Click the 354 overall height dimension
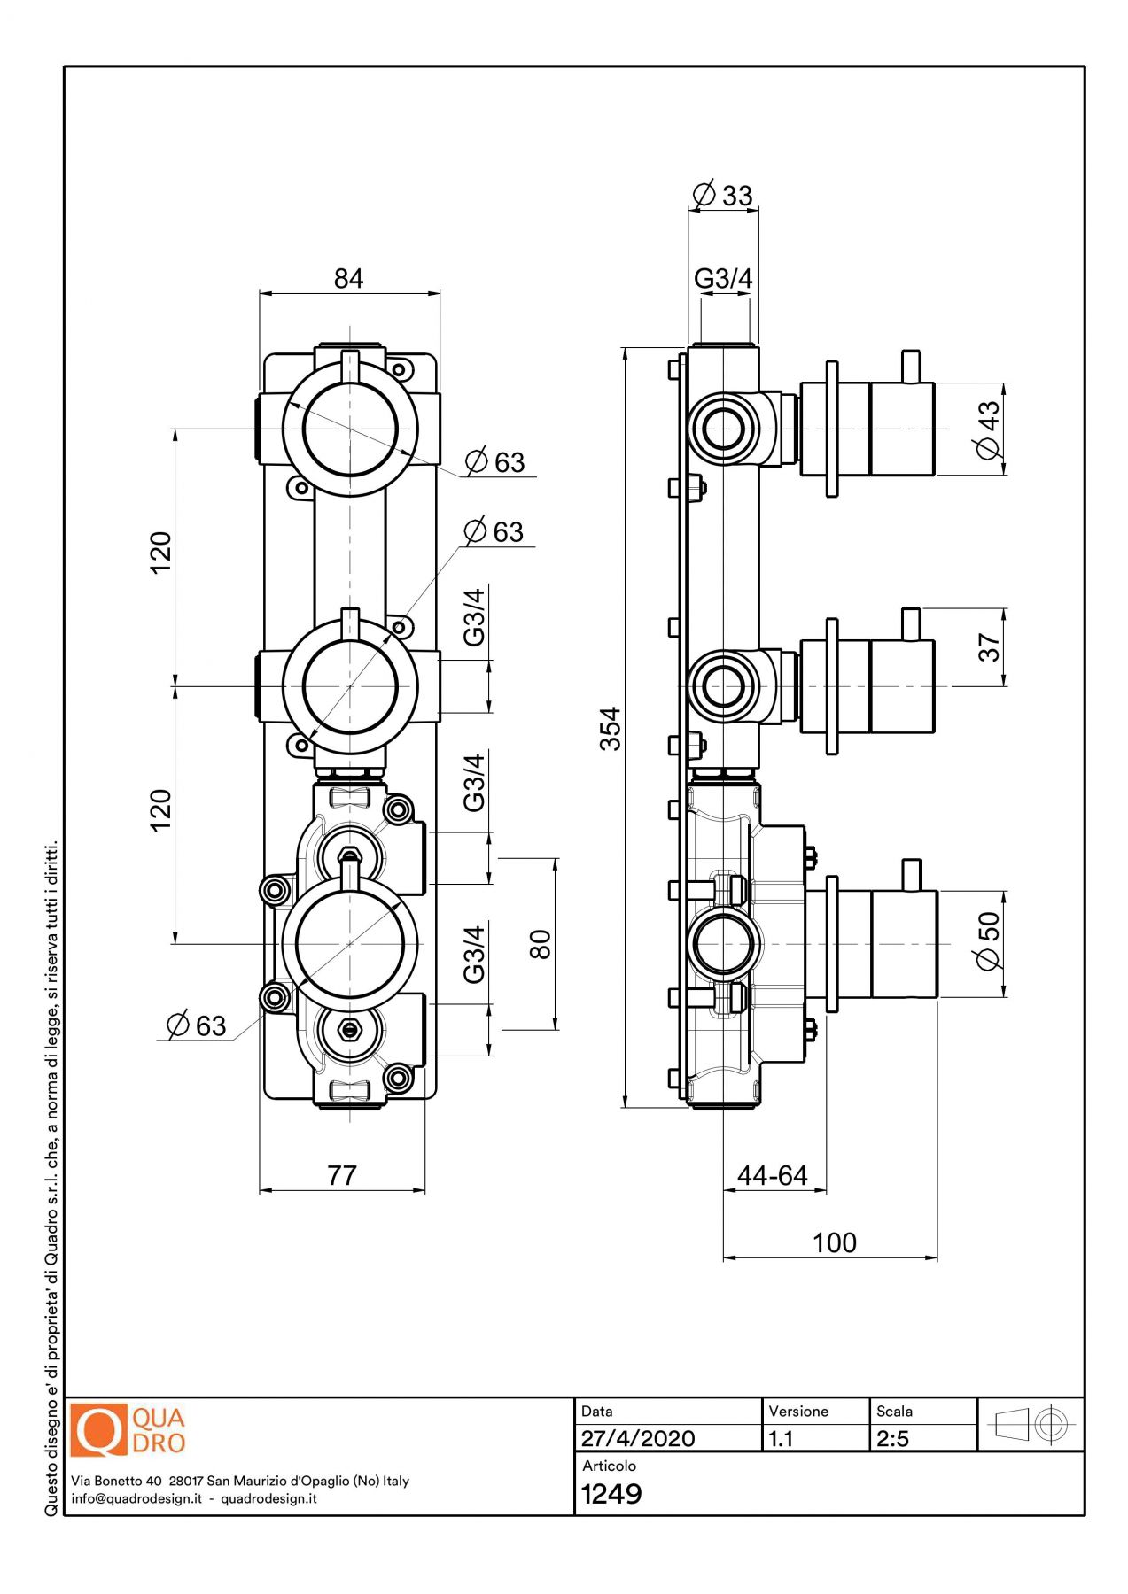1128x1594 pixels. point(611,728)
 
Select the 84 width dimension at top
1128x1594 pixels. point(348,279)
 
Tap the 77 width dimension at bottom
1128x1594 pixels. point(342,1175)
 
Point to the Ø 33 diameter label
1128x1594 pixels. point(722,195)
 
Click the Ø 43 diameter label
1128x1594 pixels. point(988,429)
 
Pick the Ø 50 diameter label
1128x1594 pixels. point(988,940)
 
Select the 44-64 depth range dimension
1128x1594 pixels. point(772,1175)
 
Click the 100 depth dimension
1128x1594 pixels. point(834,1242)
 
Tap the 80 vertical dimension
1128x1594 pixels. point(540,944)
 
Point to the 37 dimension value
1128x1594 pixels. point(989,647)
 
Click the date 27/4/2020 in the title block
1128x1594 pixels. point(638,1438)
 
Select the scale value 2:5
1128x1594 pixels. point(893,1438)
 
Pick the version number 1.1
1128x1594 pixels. point(781,1438)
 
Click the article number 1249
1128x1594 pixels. point(611,1494)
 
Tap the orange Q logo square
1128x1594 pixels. point(98,1430)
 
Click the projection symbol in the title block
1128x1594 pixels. point(1031,1425)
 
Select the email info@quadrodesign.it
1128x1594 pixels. point(136,1498)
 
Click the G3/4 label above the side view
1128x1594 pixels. point(723,279)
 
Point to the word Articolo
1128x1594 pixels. point(609,1466)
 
